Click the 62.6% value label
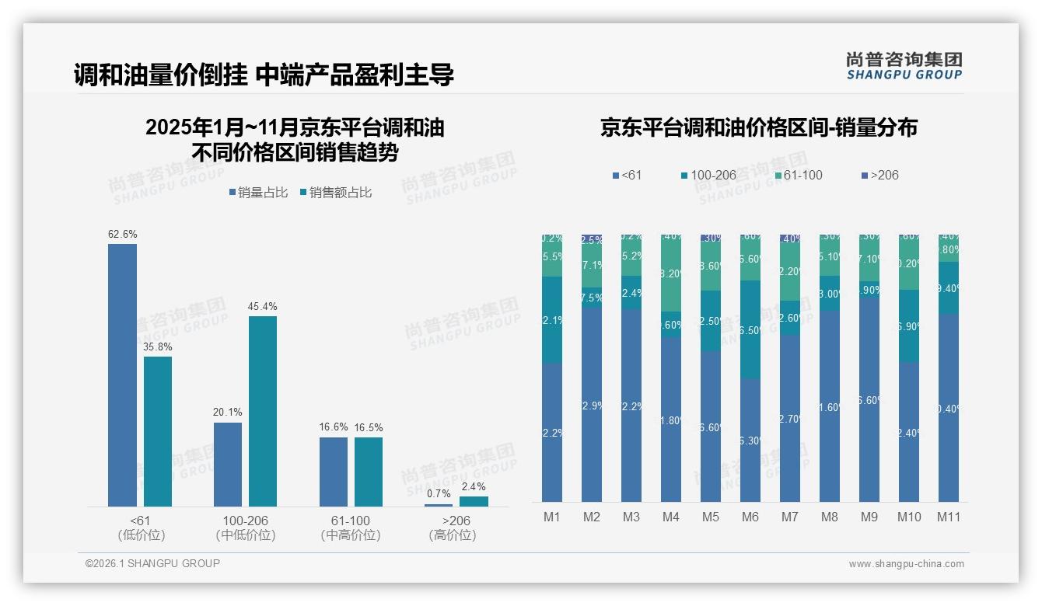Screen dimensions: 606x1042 click(x=123, y=234)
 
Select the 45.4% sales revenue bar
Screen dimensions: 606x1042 click(x=263, y=411)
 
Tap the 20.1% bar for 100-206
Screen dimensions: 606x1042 click(x=228, y=464)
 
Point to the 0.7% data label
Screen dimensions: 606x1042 click(x=439, y=493)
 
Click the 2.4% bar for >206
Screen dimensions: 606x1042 click(x=474, y=501)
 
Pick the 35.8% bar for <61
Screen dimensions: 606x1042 click(x=158, y=431)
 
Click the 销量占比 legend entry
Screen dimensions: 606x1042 click(x=260, y=193)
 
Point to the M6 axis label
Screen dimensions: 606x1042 click(x=750, y=517)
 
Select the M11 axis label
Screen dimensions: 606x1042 click(x=948, y=517)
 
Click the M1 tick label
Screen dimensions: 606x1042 click(x=552, y=517)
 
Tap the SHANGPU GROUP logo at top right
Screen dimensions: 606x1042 click(x=904, y=65)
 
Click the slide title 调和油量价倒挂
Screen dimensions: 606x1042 click(x=264, y=75)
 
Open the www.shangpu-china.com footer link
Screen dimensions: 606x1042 click(x=906, y=564)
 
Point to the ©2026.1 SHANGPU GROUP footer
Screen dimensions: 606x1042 click(x=152, y=563)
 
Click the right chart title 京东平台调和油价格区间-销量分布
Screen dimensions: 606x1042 click(x=758, y=127)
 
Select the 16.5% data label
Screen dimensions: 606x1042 click(x=369, y=427)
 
